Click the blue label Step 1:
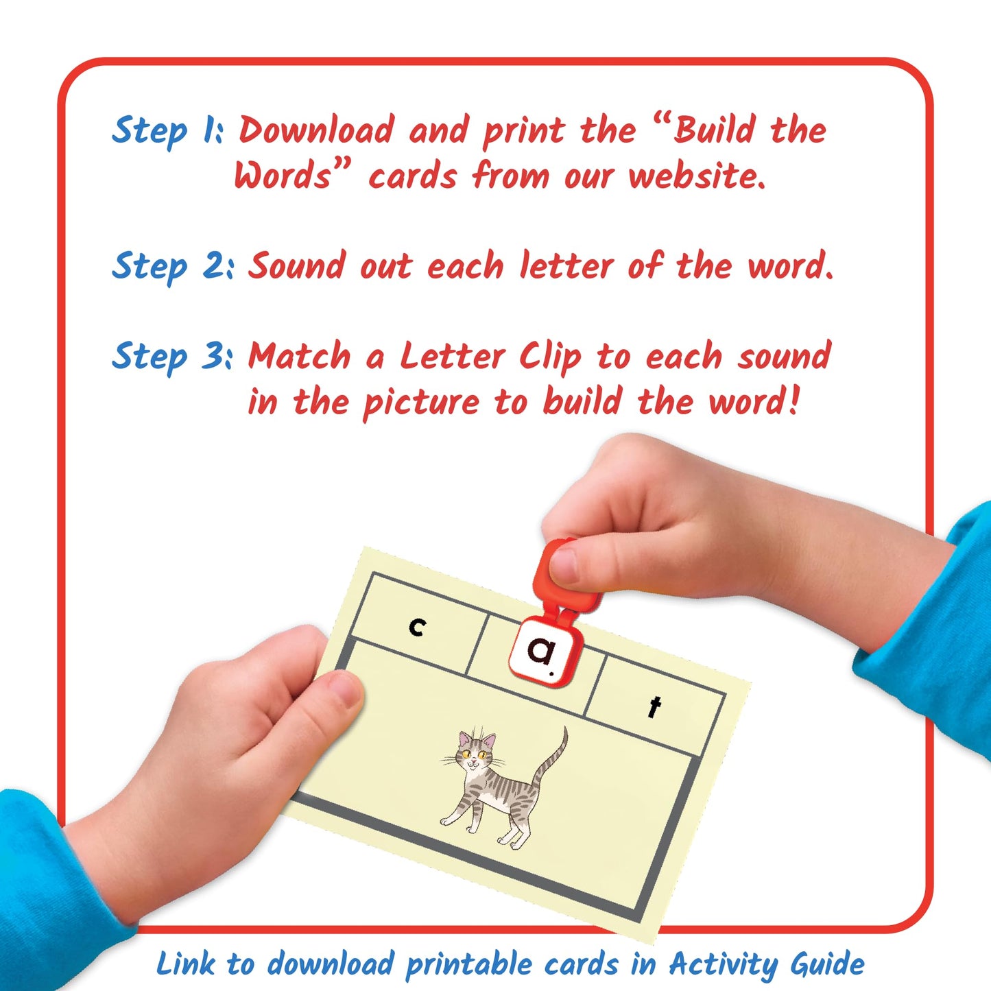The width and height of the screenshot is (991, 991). (167, 130)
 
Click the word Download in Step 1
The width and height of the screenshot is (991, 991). (316, 130)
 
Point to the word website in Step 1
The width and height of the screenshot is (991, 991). (695, 176)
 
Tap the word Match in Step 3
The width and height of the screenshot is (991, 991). (299, 357)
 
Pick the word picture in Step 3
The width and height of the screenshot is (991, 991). (420, 403)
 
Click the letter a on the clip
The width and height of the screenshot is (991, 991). (542, 651)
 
